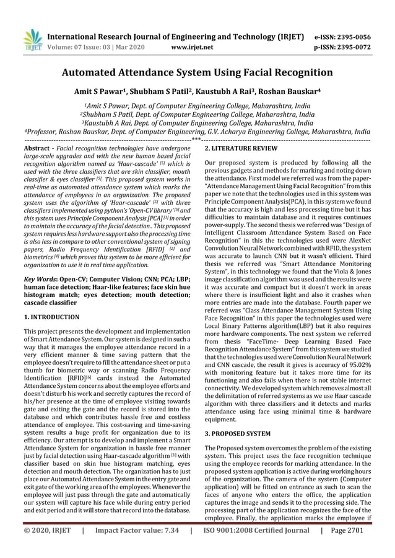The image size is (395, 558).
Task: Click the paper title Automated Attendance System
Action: [x=197, y=72]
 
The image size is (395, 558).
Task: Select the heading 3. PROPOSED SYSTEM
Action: [x=237, y=434]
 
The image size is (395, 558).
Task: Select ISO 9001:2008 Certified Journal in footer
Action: [x=256, y=547]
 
